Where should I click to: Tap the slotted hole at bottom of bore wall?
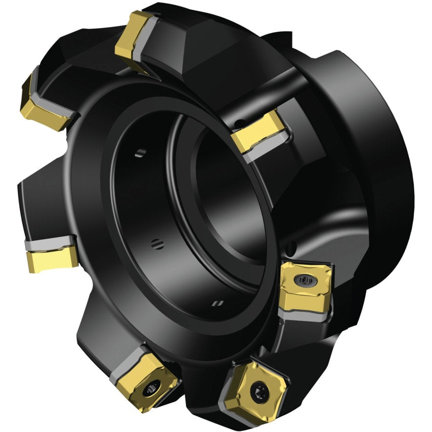(x=218, y=303)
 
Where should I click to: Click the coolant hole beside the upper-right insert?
(x=242, y=122)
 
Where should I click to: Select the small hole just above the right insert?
(x=291, y=248)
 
